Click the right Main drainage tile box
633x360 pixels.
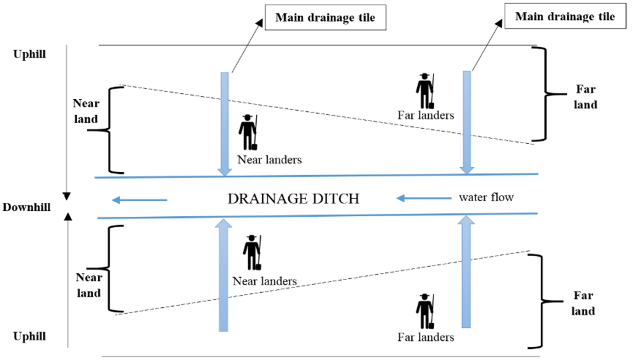[565, 17]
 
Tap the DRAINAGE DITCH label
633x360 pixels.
[294, 199]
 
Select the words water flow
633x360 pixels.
[486, 197]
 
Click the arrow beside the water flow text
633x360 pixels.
[424, 198]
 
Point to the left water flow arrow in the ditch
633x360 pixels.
[140, 200]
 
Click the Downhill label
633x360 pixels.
[26, 208]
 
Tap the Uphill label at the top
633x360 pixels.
[29, 54]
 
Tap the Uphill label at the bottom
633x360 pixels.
[29, 337]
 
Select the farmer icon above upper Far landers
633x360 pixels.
[425, 91]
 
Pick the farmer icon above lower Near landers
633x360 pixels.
[252, 252]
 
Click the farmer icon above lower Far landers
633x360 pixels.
[425, 311]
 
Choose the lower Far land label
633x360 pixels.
[583, 303]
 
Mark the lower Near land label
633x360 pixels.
[89, 285]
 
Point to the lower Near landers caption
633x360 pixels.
[265, 281]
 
